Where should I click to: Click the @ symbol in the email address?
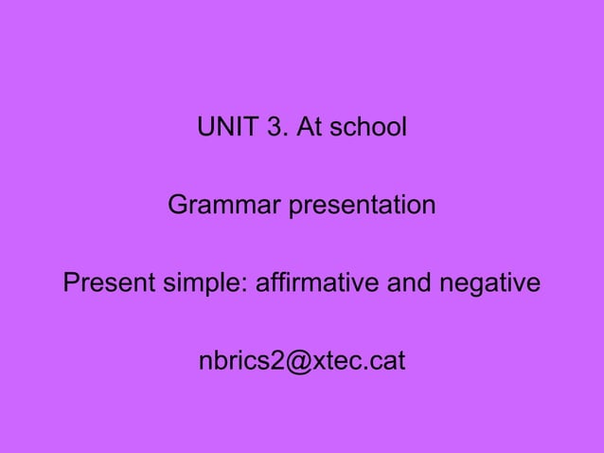pos(295,363)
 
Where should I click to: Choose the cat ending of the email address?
pos(388,362)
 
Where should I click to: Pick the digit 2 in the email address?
pos(274,362)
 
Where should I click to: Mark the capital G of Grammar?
pos(176,206)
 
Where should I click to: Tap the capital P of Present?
pos(70,283)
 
